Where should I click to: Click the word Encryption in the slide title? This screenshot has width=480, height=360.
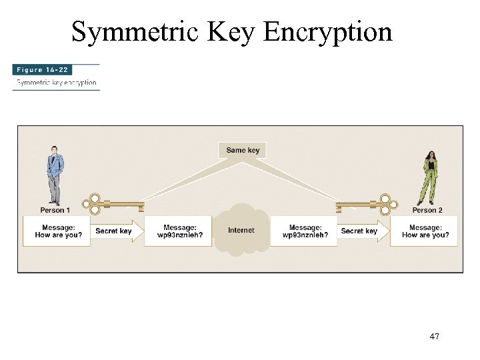coord(327,31)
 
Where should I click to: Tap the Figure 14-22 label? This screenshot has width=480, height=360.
coord(41,69)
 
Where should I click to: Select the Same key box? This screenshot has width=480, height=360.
coord(243,150)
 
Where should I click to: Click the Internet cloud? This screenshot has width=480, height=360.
coord(241,230)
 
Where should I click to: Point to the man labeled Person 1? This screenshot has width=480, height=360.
coord(55,175)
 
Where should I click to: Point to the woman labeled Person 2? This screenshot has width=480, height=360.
coord(429,177)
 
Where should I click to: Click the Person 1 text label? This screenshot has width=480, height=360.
coord(55,210)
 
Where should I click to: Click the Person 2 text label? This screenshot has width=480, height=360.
coord(427,210)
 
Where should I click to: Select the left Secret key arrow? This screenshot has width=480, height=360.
coord(116,231)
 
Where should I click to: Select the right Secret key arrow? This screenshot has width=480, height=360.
coord(362,231)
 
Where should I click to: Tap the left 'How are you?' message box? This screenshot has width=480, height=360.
coord(57,231)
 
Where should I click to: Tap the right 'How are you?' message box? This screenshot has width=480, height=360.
coord(425,231)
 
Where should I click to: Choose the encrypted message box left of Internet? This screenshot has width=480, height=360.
coord(179,231)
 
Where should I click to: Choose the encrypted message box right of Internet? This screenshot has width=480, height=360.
coord(304,231)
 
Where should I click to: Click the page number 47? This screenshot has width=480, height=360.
coord(434,337)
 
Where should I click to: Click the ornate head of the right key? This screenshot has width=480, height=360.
coord(385,204)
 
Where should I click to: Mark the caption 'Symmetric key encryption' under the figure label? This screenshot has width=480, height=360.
coord(57,83)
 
